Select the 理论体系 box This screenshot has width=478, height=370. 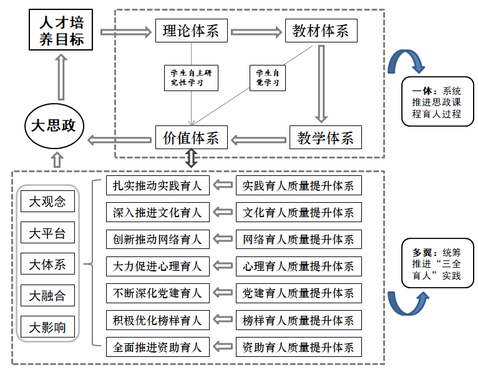click(x=191, y=31)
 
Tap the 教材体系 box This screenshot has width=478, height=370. click(x=321, y=31)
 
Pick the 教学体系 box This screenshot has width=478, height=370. click(x=325, y=137)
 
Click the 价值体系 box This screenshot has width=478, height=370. click(x=191, y=137)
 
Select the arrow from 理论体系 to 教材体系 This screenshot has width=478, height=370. click(x=256, y=31)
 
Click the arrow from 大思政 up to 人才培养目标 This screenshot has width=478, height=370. click(x=61, y=77)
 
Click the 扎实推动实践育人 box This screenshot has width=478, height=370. click(x=157, y=185)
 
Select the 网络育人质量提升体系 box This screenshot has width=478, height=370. click(x=298, y=239)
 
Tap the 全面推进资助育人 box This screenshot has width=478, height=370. click(x=157, y=347)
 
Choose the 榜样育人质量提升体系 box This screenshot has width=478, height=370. click(x=298, y=321)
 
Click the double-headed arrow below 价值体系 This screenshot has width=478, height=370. click(x=191, y=158)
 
